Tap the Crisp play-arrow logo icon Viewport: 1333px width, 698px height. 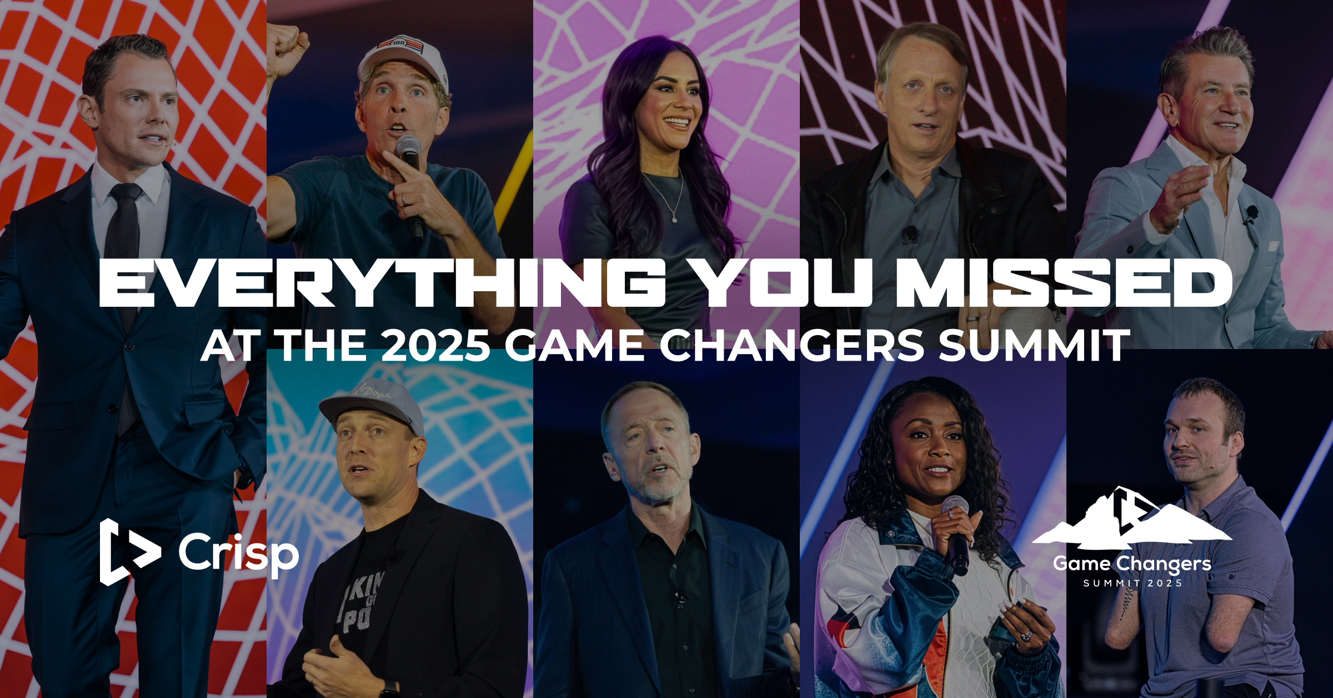(x=129, y=552)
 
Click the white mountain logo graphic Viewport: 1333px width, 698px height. (x=1132, y=515)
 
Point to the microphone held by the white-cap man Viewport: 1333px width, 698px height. (x=411, y=183)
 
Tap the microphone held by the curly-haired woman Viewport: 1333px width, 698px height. (x=956, y=534)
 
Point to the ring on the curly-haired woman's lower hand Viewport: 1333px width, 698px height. (x=1026, y=635)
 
